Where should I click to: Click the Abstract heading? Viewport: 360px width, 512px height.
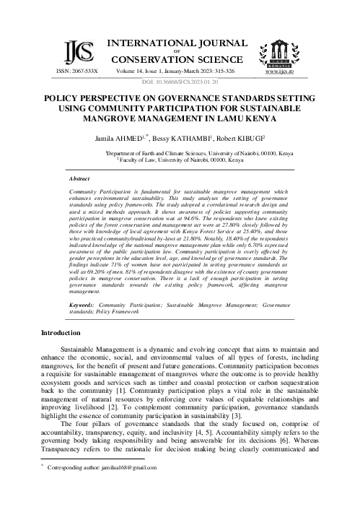click(x=79, y=178)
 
